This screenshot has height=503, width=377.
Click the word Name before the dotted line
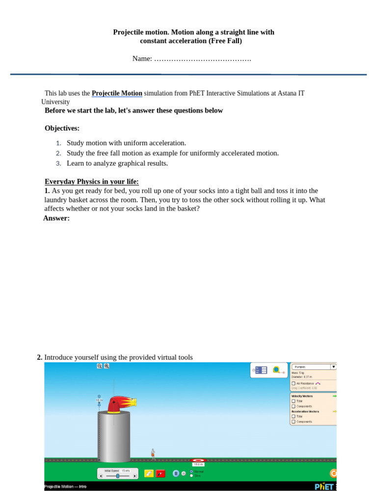141,59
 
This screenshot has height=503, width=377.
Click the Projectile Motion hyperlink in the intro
117,93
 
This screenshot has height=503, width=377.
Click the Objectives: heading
62,128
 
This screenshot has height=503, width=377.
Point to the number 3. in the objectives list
58,164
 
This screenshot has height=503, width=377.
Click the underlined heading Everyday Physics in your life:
92,182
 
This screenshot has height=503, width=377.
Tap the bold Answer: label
56,218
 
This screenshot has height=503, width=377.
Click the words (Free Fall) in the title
225,41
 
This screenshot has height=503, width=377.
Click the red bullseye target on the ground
198,460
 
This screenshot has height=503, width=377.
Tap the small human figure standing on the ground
153,454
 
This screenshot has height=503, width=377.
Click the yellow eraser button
149,474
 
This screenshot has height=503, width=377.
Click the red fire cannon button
161,474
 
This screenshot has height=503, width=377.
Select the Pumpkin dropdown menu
314,366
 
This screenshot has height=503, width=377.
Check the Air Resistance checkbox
294,383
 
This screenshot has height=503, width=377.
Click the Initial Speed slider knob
117,476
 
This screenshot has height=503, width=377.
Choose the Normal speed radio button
191,471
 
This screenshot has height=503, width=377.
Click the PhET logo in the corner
324,486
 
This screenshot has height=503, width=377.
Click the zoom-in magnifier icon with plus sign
107,366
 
